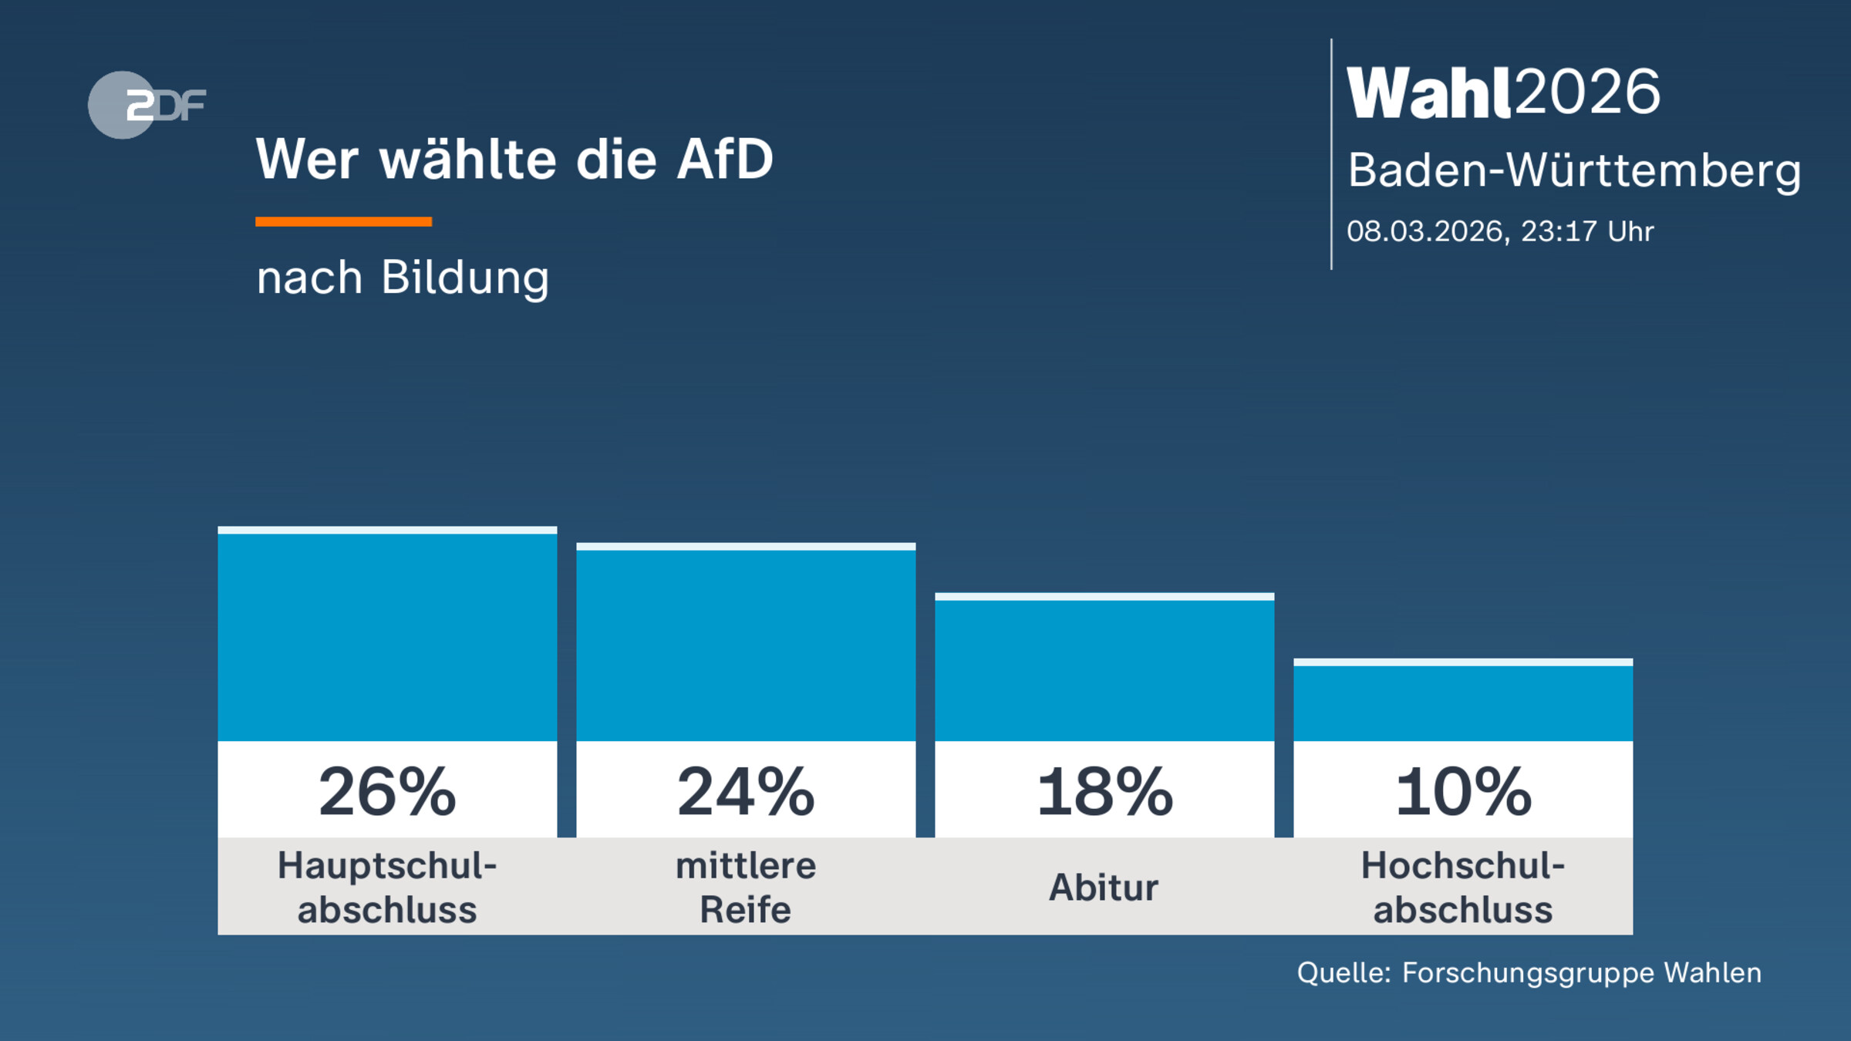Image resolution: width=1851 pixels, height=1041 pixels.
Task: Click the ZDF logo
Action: [147, 105]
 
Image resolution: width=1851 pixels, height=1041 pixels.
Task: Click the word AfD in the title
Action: [724, 160]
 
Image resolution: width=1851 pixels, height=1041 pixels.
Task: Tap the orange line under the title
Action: [343, 221]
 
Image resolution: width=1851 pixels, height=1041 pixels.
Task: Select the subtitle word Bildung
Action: [465, 277]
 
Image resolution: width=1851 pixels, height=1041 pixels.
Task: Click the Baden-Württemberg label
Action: [1573, 170]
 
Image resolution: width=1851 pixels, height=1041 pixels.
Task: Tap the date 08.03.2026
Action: [1426, 231]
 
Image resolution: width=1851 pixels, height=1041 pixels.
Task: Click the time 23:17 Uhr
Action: [1587, 231]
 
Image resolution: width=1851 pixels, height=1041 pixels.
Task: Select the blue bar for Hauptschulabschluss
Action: [387, 636]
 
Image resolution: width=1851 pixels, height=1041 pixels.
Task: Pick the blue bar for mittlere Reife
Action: [746, 644]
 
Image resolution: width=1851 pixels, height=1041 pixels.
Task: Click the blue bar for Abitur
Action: [1104, 669]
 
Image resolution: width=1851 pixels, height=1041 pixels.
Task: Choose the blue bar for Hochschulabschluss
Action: [1463, 702]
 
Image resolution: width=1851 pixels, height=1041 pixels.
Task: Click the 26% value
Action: [387, 792]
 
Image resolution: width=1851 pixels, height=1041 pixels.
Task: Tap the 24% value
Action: [746, 792]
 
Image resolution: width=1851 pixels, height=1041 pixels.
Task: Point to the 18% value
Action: [1104, 792]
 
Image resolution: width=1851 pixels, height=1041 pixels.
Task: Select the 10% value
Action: [1463, 792]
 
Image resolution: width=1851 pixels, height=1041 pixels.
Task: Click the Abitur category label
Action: [1104, 888]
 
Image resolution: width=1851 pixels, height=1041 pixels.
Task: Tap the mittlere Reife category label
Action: [746, 888]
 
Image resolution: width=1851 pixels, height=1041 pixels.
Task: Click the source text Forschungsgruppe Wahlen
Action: [1581, 973]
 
